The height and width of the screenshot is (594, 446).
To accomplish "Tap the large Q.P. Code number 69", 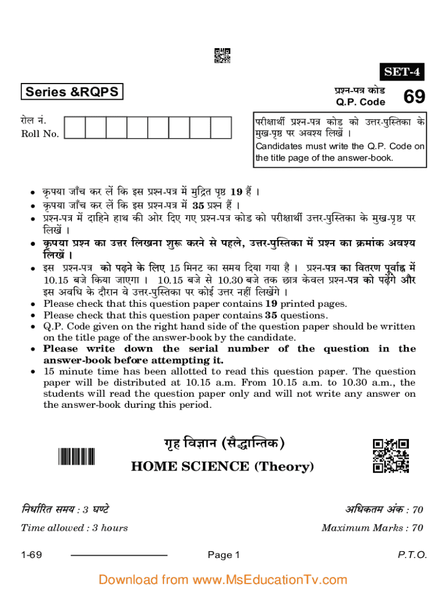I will pos(414,97).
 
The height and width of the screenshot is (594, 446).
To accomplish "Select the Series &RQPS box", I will pos(72,92).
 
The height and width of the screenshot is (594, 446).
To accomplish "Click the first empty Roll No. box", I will pos(75,128).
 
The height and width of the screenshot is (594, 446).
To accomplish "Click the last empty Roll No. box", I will pos(221,128).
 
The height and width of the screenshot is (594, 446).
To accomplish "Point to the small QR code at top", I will pos(222,55).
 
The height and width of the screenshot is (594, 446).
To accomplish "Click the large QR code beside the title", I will pos(391,456).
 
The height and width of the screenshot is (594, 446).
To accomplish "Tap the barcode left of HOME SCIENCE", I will pos(76,457).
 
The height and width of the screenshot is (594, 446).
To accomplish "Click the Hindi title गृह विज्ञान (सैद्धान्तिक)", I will pos(222,445).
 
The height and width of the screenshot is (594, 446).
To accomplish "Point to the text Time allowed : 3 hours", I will pos(75,528).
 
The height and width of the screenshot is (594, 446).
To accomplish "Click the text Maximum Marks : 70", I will pos(372,528).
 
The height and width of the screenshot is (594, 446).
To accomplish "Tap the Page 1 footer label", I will pos(224,555).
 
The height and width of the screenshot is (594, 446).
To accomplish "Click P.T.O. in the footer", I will pos(412,555).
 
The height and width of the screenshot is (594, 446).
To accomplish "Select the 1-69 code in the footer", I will pos(31,555).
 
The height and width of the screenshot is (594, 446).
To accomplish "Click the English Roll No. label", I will pos(40,134).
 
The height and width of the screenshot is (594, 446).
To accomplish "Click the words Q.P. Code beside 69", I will pos(360,102).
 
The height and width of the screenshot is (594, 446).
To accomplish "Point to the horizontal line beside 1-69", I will pos(119,556).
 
